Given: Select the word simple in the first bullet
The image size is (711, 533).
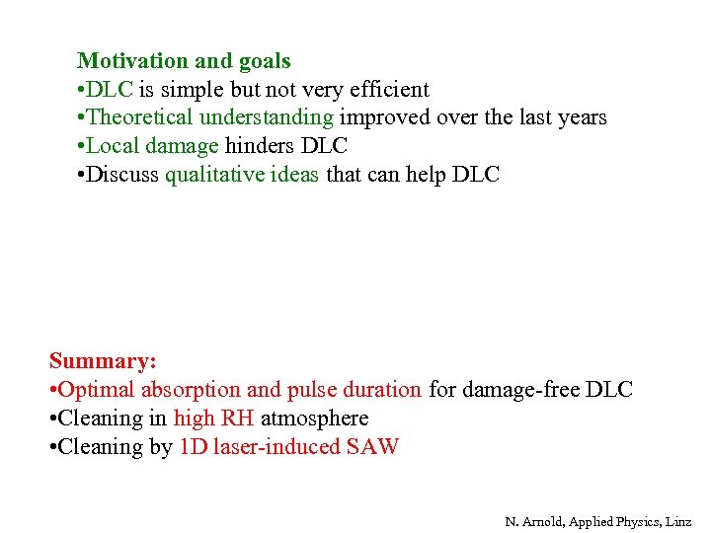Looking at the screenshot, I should (191, 89).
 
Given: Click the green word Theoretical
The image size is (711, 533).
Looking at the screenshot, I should (139, 117).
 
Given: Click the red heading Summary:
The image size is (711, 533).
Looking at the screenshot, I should (103, 360).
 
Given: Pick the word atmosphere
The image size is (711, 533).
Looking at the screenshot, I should (314, 418).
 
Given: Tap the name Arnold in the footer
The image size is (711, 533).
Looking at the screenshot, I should (545, 520).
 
